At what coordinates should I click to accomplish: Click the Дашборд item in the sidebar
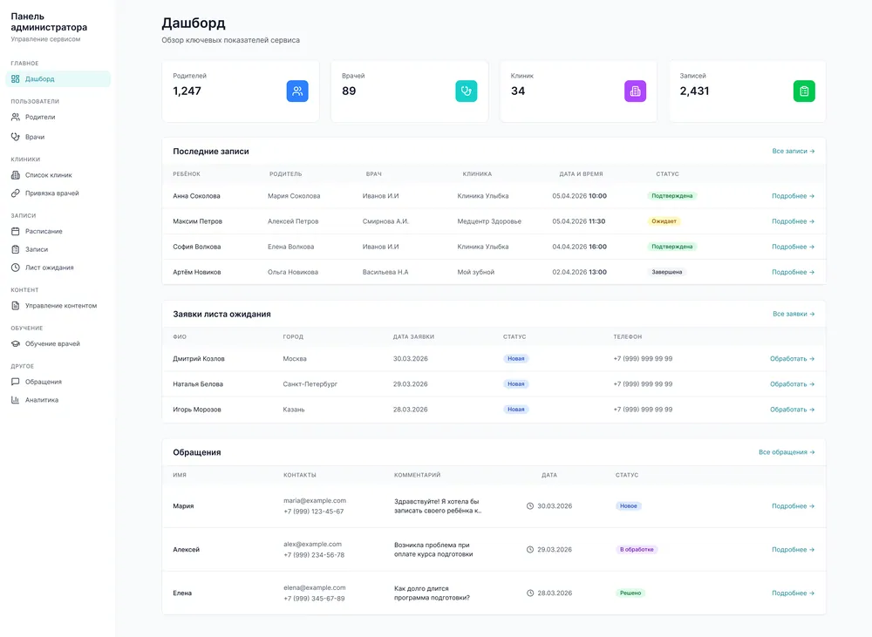[x=58, y=79]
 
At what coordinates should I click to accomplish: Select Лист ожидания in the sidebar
[x=42, y=268]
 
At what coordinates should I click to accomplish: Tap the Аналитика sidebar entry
[x=35, y=400]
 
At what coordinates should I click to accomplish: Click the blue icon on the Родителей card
[x=297, y=91]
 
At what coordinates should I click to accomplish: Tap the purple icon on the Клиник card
[x=635, y=91]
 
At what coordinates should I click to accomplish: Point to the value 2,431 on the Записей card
[x=694, y=91]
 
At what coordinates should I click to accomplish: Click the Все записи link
[x=793, y=152]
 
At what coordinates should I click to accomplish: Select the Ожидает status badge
[x=664, y=221]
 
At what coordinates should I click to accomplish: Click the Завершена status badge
[x=667, y=272]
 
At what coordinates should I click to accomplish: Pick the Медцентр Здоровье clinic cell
[x=489, y=221]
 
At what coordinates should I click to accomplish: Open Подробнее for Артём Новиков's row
[x=793, y=272]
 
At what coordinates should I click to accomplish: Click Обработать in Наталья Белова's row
[x=792, y=384]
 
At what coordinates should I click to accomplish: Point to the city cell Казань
[x=294, y=410]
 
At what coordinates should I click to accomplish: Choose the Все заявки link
[x=794, y=314]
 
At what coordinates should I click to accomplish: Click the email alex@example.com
[x=312, y=544]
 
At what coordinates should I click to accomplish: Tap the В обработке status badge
[x=637, y=549]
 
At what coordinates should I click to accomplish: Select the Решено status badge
[x=630, y=593]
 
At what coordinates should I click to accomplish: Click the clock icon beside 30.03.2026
[x=530, y=505]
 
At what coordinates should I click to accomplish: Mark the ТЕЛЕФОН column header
[x=627, y=337]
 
